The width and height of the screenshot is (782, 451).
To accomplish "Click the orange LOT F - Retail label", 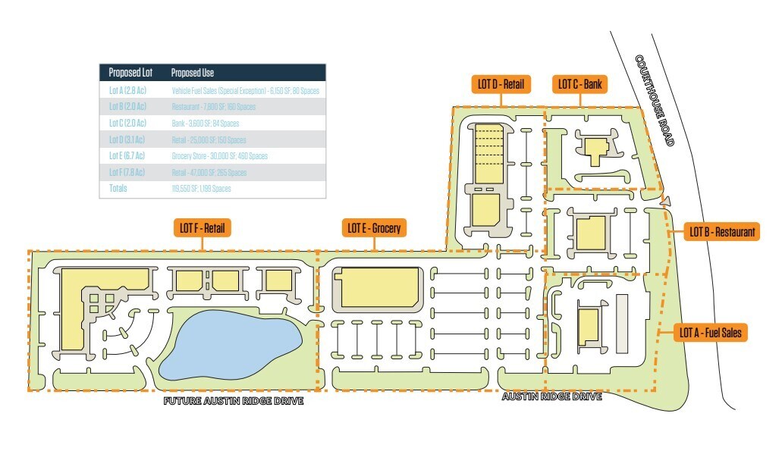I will pyautogui.click(x=203, y=227).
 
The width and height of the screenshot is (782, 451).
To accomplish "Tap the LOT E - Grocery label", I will pyautogui.click(x=373, y=227).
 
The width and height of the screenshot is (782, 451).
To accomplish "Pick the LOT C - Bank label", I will pyautogui.click(x=580, y=84).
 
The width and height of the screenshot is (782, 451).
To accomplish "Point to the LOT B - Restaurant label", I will pyautogui.click(x=721, y=231).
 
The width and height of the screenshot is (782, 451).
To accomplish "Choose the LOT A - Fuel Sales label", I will pyautogui.click(x=711, y=331).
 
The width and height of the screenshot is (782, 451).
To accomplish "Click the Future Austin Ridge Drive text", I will pyautogui.click(x=234, y=401).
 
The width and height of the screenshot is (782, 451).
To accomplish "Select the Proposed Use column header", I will pyautogui.click(x=193, y=74).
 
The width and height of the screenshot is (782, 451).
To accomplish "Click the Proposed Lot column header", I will pyautogui.click(x=130, y=74).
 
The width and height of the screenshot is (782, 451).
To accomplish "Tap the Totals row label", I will pyautogui.click(x=118, y=188).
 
